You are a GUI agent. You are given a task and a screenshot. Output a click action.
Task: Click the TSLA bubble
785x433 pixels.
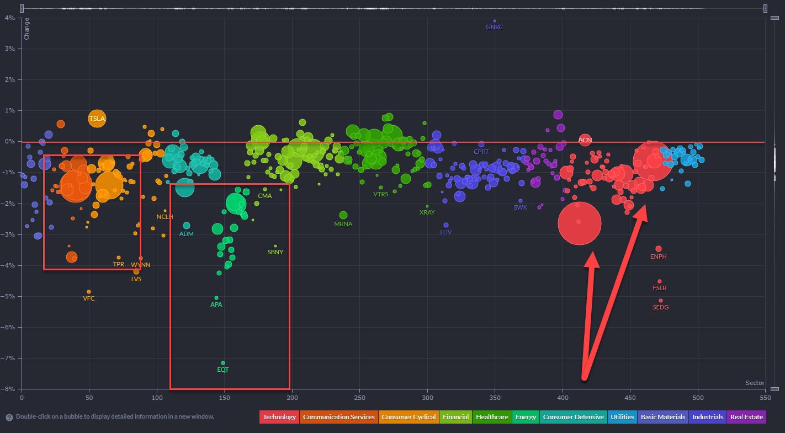point(97,118)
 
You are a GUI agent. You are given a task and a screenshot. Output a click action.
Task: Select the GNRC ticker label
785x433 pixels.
point(494,27)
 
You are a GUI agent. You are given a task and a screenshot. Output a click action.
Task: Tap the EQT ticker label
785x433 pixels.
point(222,370)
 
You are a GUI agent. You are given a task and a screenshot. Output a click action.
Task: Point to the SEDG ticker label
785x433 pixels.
point(660,307)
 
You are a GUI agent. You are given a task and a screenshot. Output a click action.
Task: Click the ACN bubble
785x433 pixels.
point(585,140)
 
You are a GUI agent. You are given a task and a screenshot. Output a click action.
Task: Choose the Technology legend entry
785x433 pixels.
point(279,417)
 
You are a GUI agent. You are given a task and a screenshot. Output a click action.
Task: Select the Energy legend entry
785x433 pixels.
point(526,417)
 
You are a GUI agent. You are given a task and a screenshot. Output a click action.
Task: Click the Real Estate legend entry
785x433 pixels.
point(746,417)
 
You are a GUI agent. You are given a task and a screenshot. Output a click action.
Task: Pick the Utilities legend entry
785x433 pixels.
point(622,417)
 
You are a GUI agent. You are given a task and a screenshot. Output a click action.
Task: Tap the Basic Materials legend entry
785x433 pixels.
point(663,417)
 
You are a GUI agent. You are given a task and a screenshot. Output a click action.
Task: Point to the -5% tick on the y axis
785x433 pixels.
point(10,296)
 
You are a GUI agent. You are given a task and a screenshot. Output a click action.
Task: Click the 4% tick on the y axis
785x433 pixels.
point(10,18)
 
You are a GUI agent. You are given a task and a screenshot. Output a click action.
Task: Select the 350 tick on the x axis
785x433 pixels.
point(495,397)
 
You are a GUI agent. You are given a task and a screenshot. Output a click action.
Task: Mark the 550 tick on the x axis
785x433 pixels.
point(765,397)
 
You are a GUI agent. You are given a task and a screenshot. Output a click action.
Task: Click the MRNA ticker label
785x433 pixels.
point(343,224)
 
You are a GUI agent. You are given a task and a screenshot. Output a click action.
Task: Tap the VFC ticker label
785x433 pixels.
point(89,298)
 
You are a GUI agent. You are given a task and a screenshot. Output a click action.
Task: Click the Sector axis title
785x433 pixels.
point(755,383)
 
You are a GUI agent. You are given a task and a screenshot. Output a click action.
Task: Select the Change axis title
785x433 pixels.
point(26,29)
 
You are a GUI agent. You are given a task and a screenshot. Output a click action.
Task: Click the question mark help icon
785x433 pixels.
point(9,417)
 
